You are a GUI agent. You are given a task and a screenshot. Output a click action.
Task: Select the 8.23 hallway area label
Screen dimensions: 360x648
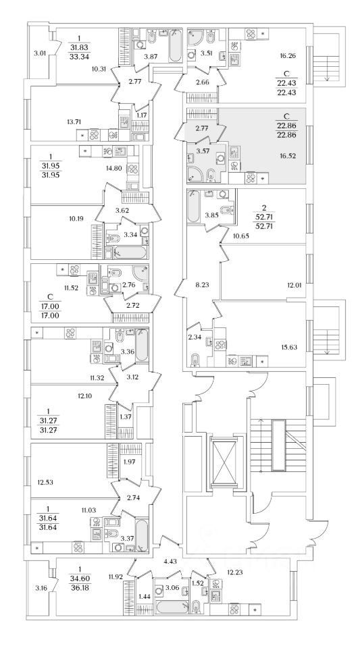201,285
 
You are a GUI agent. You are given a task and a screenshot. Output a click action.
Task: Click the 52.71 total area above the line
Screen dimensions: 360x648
261,218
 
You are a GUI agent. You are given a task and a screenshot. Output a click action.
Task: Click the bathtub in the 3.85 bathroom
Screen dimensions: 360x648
193,207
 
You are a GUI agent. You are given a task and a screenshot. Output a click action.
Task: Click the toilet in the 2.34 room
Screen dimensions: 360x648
195,359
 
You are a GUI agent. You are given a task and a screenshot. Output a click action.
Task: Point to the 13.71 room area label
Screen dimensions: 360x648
74,122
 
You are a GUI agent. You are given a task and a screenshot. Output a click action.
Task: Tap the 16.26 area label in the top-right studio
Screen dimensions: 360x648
287,54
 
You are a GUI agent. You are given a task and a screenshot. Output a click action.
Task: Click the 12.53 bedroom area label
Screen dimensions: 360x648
45,482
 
